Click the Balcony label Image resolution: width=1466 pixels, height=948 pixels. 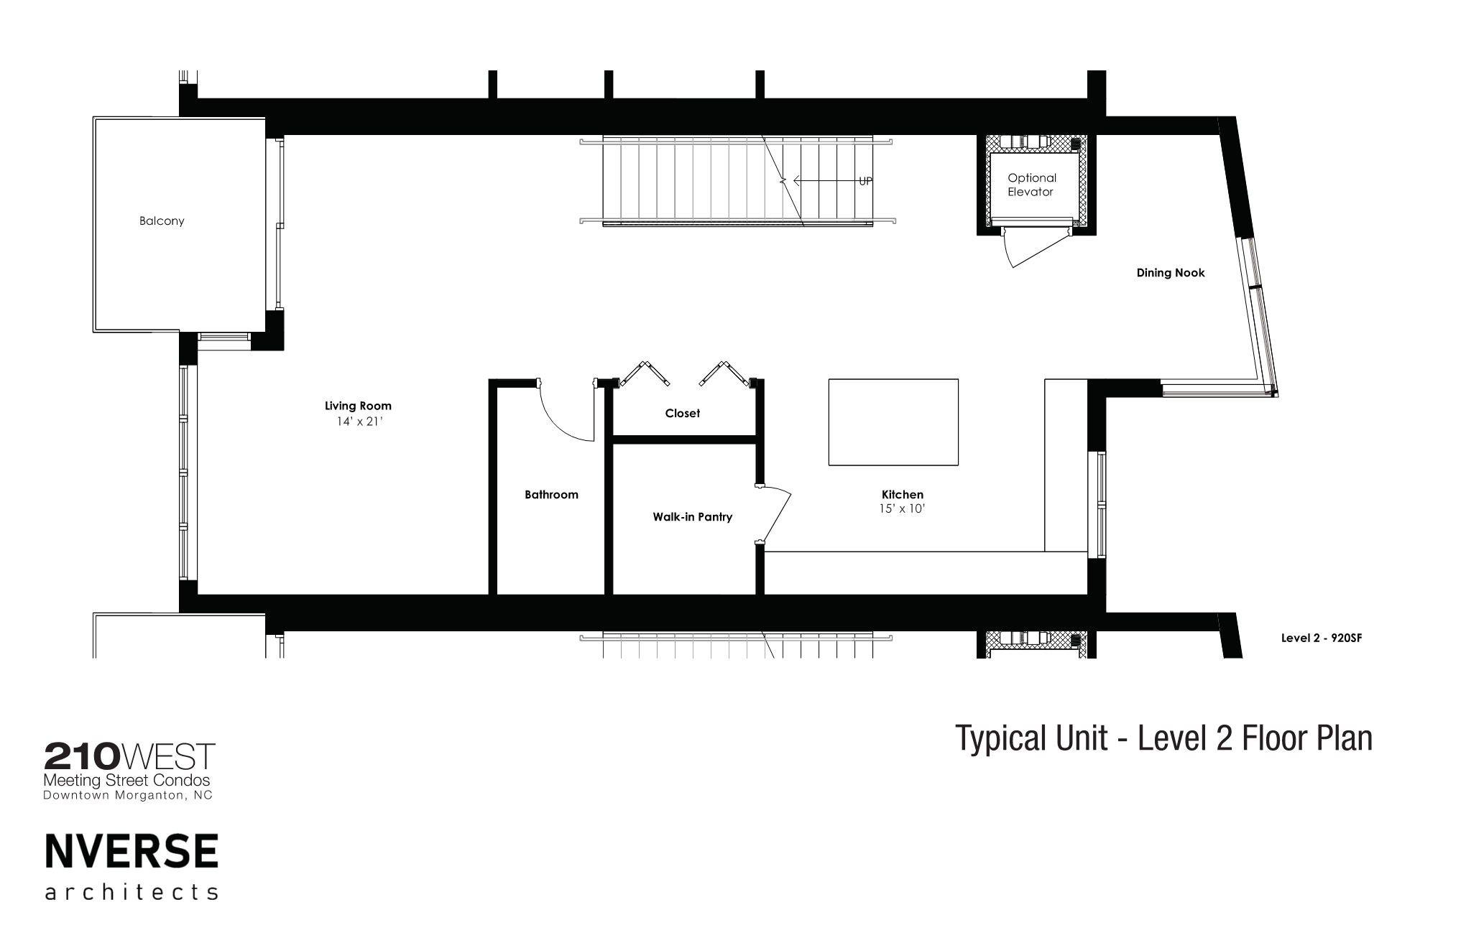coord(162,221)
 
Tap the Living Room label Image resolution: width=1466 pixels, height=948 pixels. coord(358,406)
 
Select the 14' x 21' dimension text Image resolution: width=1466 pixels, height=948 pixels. coord(359,422)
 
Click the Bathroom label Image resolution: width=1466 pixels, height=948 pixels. coord(551,495)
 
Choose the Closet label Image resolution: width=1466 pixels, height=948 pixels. coord(682,414)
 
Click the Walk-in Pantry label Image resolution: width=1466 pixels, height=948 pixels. coord(692,517)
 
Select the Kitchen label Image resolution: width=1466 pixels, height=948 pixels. coord(903,495)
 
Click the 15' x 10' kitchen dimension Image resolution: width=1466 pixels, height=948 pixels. coord(902,509)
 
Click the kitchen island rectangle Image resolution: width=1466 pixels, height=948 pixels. coord(893,422)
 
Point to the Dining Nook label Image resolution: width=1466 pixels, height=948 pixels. coord(1171,273)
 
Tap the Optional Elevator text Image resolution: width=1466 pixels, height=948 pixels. coord(1031,185)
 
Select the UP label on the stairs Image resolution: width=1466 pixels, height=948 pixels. coord(865,182)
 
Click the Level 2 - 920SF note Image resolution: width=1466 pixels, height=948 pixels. coord(1322,638)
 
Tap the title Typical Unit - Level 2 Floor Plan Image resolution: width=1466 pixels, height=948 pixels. coord(1163,738)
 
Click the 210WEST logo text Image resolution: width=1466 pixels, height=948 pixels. coord(129,756)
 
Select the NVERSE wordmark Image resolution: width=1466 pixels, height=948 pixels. coord(132,852)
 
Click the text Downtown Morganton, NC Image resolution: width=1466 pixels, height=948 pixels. coord(128,796)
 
